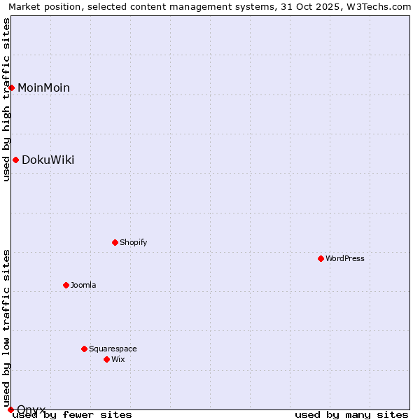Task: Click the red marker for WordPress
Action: (x=321, y=258)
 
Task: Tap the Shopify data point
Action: (x=115, y=242)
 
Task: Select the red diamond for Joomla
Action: (x=66, y=285)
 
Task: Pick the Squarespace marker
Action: (x=85, y=349)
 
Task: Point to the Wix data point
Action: (x=107, y=359)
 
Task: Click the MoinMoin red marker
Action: (x=12, y=87)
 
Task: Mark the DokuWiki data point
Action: (x=15, y=160)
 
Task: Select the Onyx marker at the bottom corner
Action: (x=10, y=409)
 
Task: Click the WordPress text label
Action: (x=345, y=258)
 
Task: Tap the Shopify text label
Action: (x=133, y=242)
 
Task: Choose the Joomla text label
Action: (x=83, y=285)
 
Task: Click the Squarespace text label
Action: (x=113, y=349)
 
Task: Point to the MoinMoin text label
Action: (x=43, y=87)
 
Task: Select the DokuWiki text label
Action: (x=48, y=160)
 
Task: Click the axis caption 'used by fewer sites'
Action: (x=72, y=414)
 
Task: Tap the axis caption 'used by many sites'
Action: (x=351, y=414)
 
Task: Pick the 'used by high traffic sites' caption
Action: (x=6, y=99)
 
